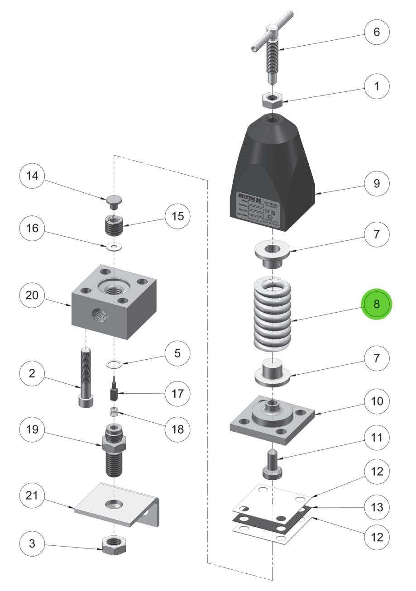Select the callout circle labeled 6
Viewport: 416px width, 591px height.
[377, 33]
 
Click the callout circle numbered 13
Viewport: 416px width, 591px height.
[377, 507]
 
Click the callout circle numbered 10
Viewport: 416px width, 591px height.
[377, 401]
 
